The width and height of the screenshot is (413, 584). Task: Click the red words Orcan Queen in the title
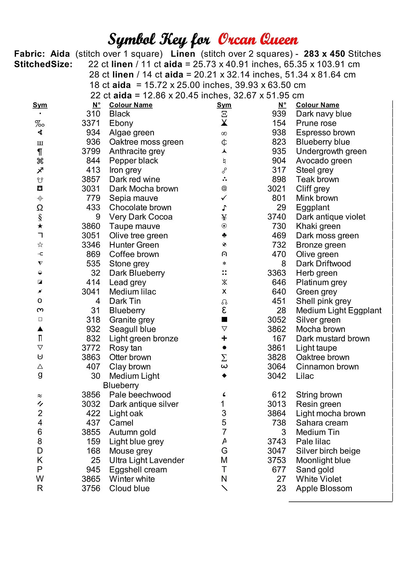click(x=258, y=40)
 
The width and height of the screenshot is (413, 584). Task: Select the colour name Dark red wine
click(x=134, y=179)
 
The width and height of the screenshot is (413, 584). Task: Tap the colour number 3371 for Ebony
click(x=91, y=123)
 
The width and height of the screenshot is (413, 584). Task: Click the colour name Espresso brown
click(x=325, y=133)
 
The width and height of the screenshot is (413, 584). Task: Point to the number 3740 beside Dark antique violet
click(x=277, y=217)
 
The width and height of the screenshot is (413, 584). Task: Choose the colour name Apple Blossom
click(x=324, y=489)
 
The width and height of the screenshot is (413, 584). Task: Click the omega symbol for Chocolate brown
click(x=40, y=208)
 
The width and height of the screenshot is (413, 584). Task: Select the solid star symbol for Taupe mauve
click(x=40, y=226)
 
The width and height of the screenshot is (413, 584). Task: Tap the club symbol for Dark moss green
click(x=224, y=236)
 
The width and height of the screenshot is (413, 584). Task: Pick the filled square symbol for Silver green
click(x=224, y=320)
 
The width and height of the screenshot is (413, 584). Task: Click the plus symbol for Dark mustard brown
click(x=224, y=338)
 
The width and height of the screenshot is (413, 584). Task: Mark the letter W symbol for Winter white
click(x=40, y=479)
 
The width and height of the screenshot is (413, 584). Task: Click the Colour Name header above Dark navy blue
click(x=318, y=105)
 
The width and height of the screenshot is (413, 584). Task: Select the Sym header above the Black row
click(x=40, y=105)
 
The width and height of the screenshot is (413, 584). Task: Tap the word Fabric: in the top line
click(x=29, y=54)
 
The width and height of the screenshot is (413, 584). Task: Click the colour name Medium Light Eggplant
click(x=339, y=311)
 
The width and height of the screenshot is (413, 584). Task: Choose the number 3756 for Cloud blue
click(x=91, y=489)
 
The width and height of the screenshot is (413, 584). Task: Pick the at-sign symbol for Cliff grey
click(x=224, y=189)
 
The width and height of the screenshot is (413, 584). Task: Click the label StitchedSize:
click(x=43, y=65)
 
